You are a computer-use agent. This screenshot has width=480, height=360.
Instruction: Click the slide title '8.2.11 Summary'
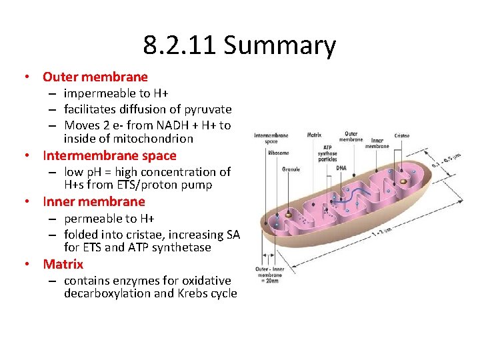(239, 46)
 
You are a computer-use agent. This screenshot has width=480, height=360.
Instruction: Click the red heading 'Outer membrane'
(95, 77)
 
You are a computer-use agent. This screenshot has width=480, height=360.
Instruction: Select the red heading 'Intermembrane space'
(109, 156)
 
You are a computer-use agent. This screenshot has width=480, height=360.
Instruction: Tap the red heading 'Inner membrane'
(94, 202)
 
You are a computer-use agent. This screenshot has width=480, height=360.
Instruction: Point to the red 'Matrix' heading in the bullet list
(63, 265)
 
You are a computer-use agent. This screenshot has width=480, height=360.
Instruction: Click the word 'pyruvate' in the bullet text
(209, 109)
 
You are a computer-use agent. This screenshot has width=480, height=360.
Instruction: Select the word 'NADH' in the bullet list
(165, 125)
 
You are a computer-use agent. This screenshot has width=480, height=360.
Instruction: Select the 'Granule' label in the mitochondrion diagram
(291, 169)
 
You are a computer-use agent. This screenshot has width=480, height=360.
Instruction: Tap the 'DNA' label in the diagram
(341, 168)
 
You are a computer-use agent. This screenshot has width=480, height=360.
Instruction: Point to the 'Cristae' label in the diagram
(402, 135)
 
